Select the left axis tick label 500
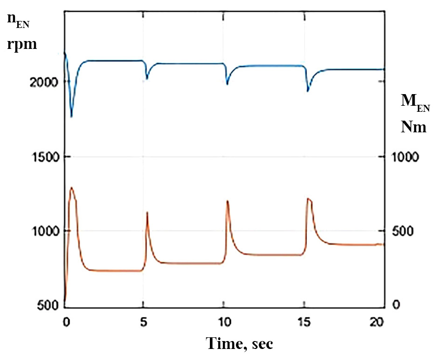click(x=49, y=306)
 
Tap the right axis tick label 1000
click(x=404, y=157)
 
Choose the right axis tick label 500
click(x=401, y=232)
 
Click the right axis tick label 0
click(x=396, y=306)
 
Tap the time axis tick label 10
click(x=225, y=322)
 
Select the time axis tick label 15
click(x=305, y=322)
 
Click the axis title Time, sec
click(x=240, y=344)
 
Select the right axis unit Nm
click(x=414, y=127)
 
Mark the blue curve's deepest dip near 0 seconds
click(x=71, y=116)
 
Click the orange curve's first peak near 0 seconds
click(x=71, y=188)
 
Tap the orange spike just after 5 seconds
click(x=147, y=212)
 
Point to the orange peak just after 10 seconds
click(x=227, y=201)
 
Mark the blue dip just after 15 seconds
click(x=308, y=91)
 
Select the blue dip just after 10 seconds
click(x=227, y=84)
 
